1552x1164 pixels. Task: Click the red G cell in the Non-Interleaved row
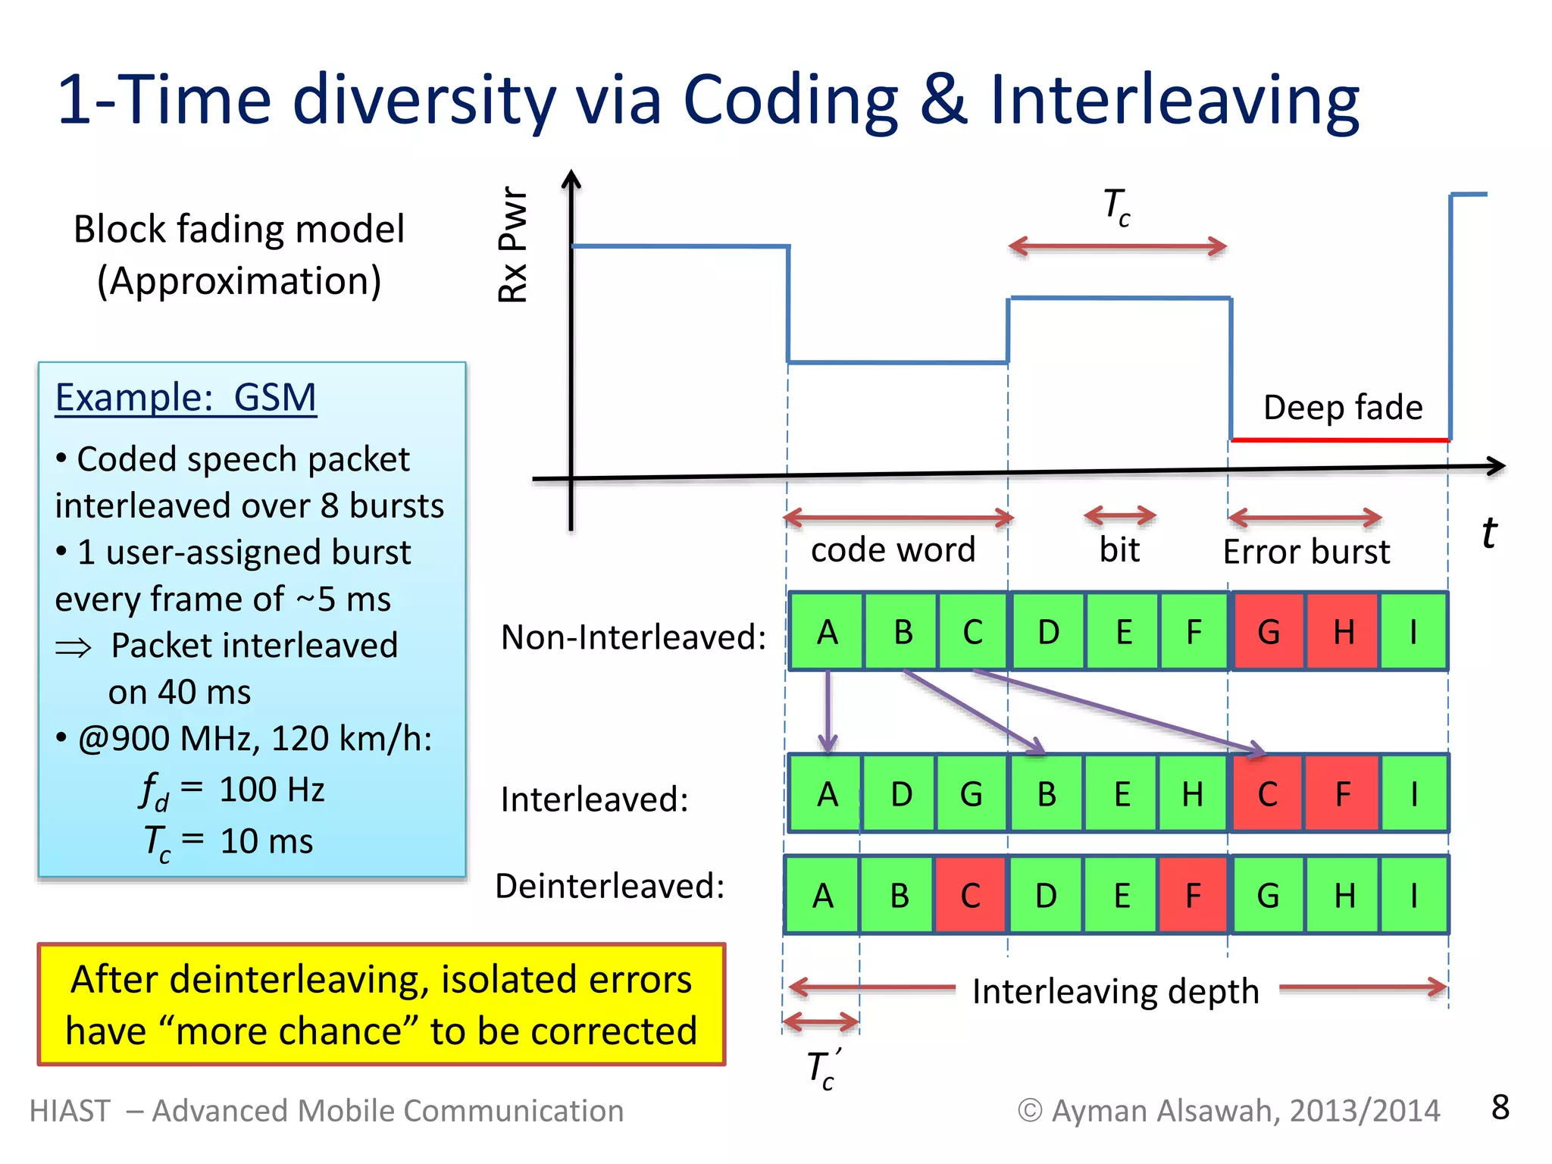click(x=1269, y=631)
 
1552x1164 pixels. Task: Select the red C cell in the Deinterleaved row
click(x=970, y=895)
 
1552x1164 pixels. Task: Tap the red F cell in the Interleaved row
click(x=1342, y=793)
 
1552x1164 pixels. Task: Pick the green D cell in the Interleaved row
click(x=900, y=793)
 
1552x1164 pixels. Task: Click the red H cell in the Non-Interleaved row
click(x=1343, y=631)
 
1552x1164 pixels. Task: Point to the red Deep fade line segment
click(x=1339, y=440)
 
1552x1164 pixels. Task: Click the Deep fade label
click(x=1342, y=407)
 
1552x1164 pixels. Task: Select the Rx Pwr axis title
click(x=513, y=244)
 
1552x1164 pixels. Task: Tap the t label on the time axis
click(x=1488, y=532)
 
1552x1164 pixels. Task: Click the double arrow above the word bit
click(x=1119, y=517)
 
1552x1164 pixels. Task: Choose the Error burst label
click(x=1306, y=551)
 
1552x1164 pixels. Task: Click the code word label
click(x=893, y=549)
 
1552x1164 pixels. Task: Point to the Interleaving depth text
click(x=1115, y=990)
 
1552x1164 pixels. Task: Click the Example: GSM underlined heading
click(x=186, y=397)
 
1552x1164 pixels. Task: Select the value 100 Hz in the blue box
click(x=271, y=790)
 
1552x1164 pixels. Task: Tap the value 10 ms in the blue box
click(x=266, y=841)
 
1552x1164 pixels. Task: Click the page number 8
click(x=1500, y=1107)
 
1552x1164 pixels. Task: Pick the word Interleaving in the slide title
click(x=1174, y=99)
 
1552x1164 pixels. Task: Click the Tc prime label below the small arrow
click(x=823, y=1069)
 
